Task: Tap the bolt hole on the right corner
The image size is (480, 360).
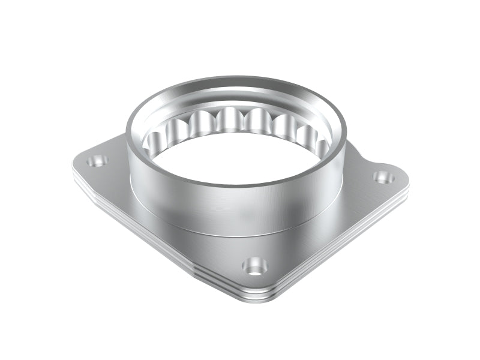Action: tap(382, 177)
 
